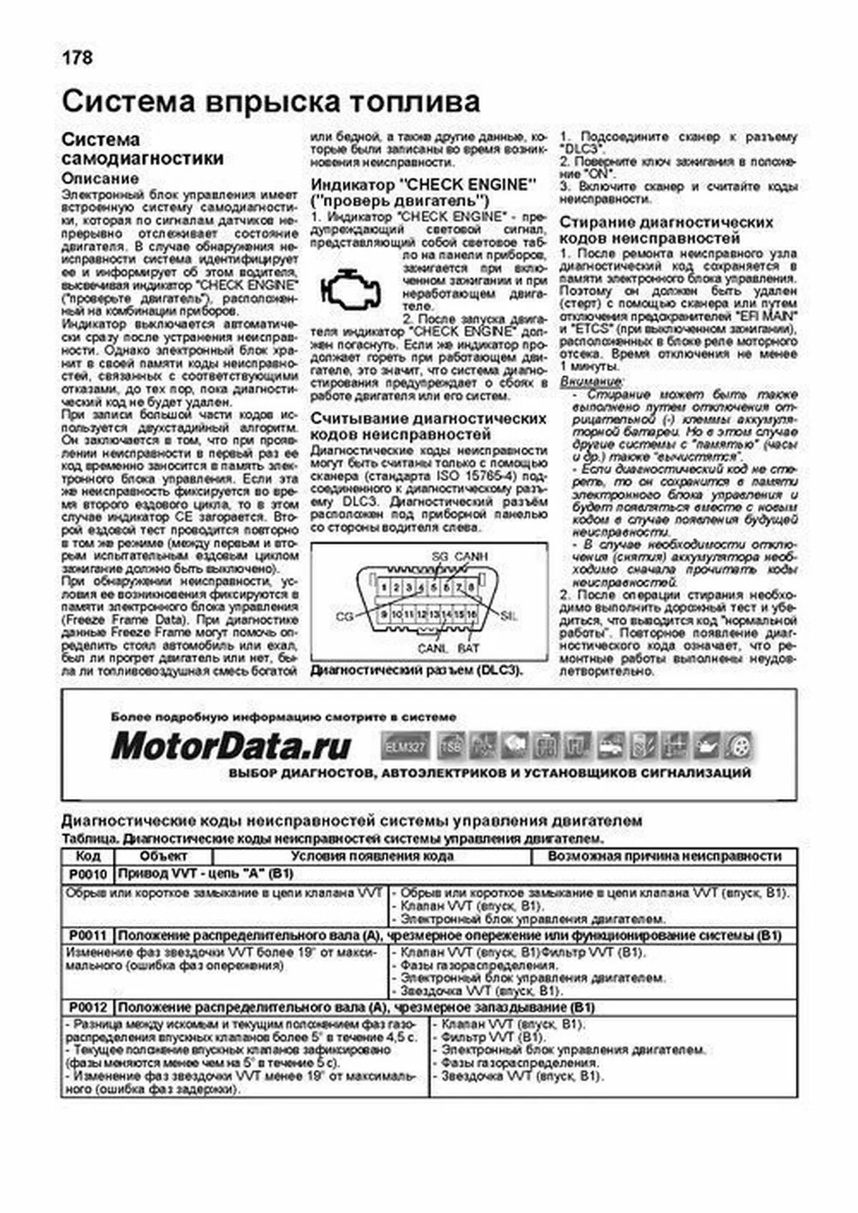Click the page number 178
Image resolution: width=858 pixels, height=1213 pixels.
(77, 57)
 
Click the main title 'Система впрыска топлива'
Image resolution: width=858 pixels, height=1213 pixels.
(270, 102)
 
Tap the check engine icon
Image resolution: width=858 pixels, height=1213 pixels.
(351, 290)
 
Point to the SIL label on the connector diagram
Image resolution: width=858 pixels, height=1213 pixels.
(509, 616)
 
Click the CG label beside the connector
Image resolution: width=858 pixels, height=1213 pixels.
(345, 616)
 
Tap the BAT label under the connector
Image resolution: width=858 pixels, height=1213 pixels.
(468, 648)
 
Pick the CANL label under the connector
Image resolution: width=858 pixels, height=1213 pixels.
(433, 648)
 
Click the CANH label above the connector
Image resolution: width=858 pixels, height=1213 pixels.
(471, 556)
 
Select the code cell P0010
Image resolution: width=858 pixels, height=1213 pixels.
(88, 874)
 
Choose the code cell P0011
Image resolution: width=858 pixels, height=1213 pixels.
(88, 935)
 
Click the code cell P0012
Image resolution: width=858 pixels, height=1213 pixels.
(88, 1008)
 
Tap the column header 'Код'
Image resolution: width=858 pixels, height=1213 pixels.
(88, 856)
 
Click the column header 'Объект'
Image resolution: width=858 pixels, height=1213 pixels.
(163, 856)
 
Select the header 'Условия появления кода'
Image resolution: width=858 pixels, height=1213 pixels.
(372, 856)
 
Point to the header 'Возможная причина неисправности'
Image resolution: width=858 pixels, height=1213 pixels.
(664, 856)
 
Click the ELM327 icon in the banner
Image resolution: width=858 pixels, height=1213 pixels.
(405, 747)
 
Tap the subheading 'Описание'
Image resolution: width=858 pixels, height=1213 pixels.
(100, 178)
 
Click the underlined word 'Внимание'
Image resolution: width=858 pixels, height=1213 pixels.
(591, 382)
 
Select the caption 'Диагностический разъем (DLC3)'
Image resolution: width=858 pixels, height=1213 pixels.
(417, 671)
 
